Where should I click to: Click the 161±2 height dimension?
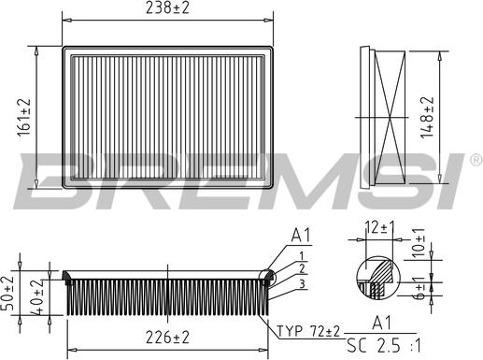click(x=24, y=116)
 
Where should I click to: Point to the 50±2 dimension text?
click(x=10, y=294)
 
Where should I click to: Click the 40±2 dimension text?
click(x=36, y=298)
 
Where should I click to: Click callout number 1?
click(x=302, y=255)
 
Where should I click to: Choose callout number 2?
click(x=302, y=267)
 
